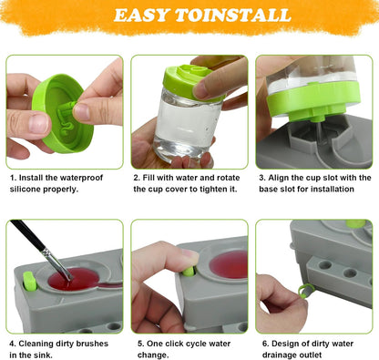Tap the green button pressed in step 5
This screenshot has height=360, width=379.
[x=189, y=271]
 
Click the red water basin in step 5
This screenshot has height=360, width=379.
[x=229, y=264]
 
